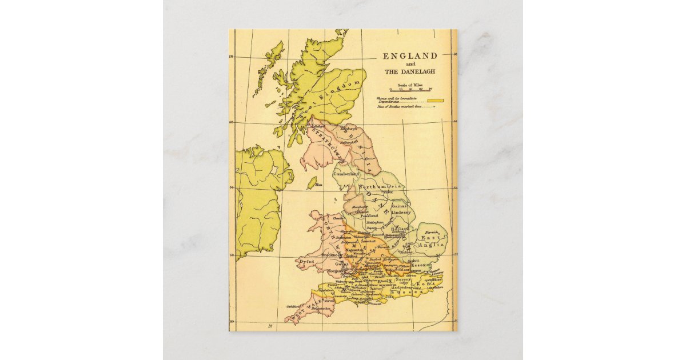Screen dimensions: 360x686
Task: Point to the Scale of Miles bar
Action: click(410, 89)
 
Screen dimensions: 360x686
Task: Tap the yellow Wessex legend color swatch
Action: click(436, 101)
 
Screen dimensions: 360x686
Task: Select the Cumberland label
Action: click(347, 173)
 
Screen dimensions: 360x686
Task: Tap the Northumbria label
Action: click(381, 187)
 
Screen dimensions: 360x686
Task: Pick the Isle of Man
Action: click(312, 183)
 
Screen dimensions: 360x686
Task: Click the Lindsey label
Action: click(401, 212)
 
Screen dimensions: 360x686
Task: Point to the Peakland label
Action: click(369, 216)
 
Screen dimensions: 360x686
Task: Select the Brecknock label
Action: click(332, 254)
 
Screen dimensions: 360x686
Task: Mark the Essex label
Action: click(418, 266)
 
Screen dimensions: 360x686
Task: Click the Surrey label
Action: click(410, 279)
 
